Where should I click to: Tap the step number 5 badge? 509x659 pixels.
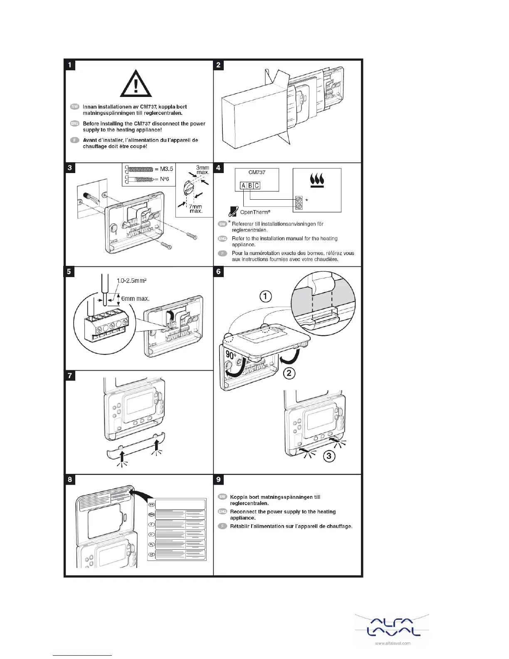[x=70, y=272]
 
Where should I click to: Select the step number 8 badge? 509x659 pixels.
[x=70, y=479]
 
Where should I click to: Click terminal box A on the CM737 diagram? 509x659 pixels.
[x=243, y=186]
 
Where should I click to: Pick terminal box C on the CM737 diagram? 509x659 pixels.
[x=257, y=186]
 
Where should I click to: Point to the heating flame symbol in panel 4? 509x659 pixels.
[x=317, y=181]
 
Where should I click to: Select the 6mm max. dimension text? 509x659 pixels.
[x=135, y=298]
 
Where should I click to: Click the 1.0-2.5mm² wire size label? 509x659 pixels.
[x=131, y=281]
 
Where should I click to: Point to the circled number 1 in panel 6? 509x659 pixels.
[x=265, y=297]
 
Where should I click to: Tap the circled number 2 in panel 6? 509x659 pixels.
[x=289, y=373]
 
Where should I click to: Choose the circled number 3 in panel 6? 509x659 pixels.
[x=329, y=456]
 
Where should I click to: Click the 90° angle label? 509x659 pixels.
[x=231, y=355]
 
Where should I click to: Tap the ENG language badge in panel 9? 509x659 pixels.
[x=222, y=512]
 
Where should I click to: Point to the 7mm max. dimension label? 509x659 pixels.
[x=196, y=209]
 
